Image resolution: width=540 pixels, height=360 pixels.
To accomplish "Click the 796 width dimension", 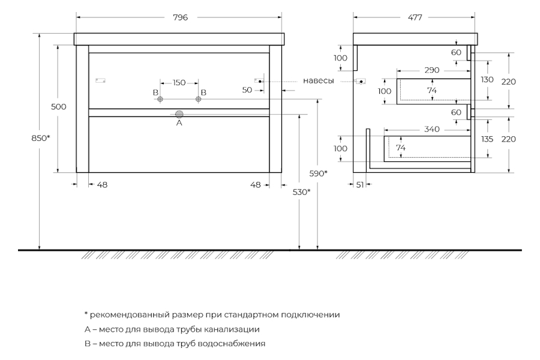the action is coord(180,17).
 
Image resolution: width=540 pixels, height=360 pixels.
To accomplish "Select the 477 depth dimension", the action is coord(415,17).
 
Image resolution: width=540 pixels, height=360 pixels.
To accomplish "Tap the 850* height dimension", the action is coord(41,138).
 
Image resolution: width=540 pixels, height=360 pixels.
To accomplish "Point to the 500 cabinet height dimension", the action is coord(59,107).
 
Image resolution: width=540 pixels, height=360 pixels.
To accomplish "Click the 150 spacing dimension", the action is coord(179,83).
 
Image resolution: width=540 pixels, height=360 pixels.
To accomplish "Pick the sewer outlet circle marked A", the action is coord(179,115).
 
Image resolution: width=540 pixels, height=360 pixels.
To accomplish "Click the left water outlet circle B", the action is coord(160,99).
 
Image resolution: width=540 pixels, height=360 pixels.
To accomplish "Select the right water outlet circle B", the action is coord(198,99).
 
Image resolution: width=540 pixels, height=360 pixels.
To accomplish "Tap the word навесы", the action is coord(318,81).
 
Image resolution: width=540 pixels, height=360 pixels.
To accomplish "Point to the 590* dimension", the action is coord(318,173).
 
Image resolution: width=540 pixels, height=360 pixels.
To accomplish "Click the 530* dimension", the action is coord(301,192).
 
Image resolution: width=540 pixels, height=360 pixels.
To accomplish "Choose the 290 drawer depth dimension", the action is coord(432,70).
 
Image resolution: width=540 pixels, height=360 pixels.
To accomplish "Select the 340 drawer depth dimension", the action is coord(432,129).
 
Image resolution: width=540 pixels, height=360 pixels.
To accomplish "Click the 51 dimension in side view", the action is coord(360,185).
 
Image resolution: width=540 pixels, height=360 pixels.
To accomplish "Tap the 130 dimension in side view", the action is coord(487,80).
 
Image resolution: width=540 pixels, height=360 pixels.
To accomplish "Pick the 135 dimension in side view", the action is coord(487,139).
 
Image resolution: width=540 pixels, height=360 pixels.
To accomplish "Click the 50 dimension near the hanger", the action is coord(247,90).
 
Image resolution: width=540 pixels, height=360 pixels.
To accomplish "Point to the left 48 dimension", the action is coord(102,185).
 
